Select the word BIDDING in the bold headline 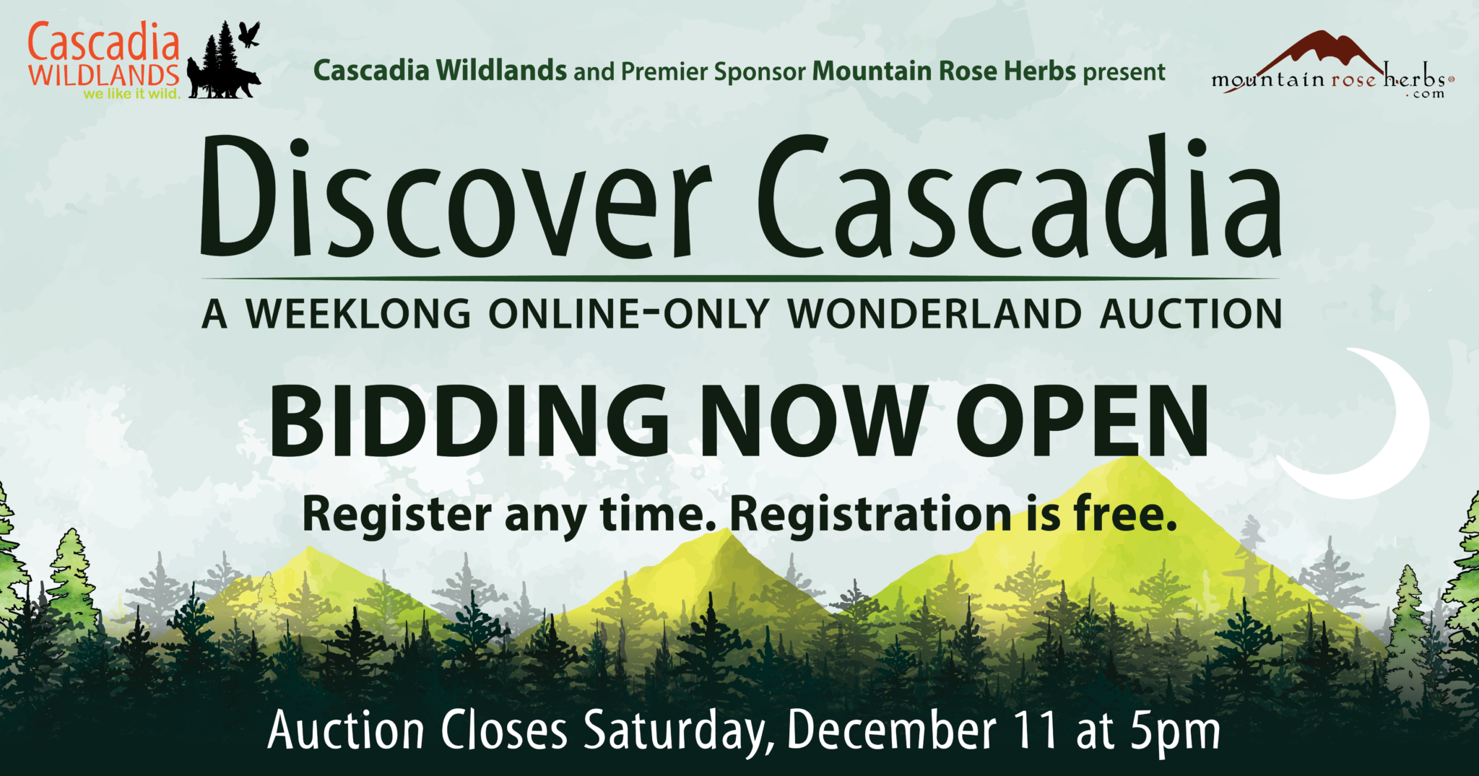469,420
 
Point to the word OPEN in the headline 1083,420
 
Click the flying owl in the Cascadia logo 249,34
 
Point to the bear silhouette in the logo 238,84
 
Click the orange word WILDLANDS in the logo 104,75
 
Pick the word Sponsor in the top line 760,72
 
